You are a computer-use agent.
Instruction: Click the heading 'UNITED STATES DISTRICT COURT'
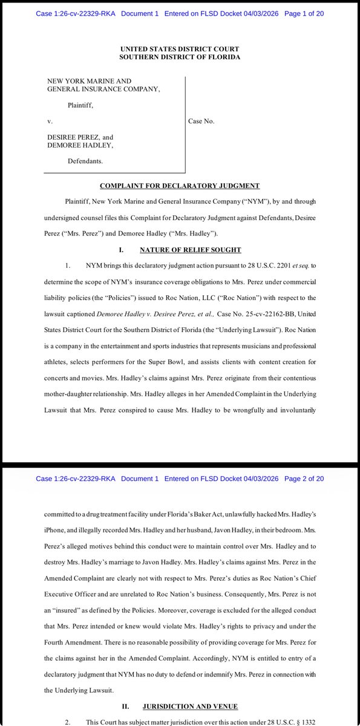click(180, 48)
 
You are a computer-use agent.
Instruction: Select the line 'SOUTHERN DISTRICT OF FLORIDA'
click(180, 57)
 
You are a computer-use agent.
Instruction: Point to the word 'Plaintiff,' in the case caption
click(82, 105)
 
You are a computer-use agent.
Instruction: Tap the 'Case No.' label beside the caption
click(202, 121)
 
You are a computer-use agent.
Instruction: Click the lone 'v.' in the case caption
click(50, 121)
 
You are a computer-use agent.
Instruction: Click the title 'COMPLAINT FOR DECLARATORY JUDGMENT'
click(180, 186)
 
